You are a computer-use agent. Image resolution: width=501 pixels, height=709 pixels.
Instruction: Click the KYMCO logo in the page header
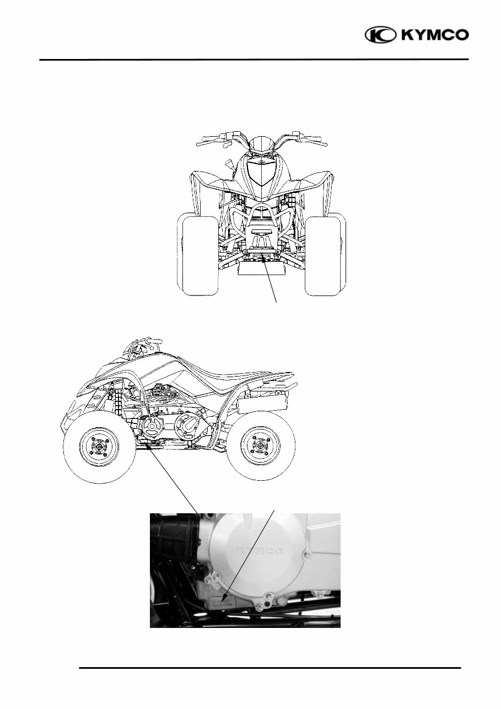click(x=417, y=35)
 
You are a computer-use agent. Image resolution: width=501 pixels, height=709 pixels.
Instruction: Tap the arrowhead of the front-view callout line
click(x=263, y=256)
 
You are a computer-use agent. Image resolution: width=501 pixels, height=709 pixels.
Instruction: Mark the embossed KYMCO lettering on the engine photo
click(x=261, y=551)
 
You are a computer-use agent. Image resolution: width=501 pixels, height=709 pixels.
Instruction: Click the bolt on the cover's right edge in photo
click(x=302, y=551)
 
